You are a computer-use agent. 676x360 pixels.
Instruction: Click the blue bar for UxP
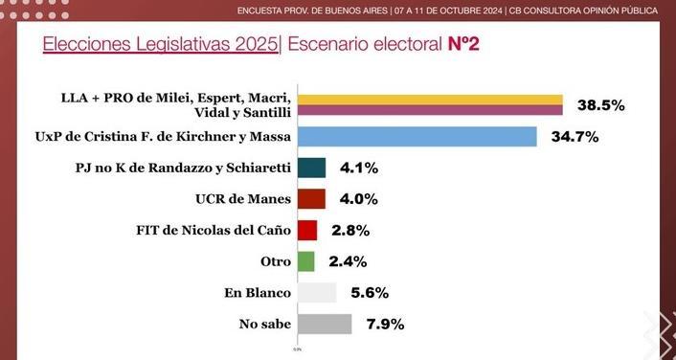[x=417, y=137]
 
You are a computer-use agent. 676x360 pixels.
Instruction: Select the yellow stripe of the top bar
[x=430, y=100]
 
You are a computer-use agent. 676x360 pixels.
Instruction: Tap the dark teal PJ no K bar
[x=312, y=168]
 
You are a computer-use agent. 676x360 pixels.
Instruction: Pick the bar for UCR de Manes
[x=312, y=199]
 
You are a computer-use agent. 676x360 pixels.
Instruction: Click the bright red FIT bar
[x=307, y=230]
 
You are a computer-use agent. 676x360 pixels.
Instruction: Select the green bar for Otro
[x=306, y=261]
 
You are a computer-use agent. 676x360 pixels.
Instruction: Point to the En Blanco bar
[x=317, y=293]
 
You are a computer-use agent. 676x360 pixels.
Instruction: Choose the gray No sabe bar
[x=325, y=324]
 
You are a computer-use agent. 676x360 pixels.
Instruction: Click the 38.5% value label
[x=601, y=105]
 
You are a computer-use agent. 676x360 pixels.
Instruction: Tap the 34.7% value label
[x=575, y=137]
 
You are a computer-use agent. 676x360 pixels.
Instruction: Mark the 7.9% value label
[x=385, y=325]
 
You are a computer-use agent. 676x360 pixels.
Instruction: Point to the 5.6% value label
[x=370, y=293]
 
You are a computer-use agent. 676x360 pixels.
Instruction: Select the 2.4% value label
[x=348, y=261]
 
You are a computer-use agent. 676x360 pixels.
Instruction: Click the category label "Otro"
[x=276, y=261]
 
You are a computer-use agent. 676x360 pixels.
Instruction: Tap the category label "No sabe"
[x=265, y=325]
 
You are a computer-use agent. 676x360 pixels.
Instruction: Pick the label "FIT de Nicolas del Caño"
[x=214, y=230]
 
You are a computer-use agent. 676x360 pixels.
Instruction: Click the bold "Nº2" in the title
[x=463, y=44]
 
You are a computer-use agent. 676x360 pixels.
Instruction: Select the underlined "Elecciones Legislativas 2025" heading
[x=160, y=45]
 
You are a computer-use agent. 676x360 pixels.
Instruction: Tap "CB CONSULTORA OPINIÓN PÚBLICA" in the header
[x=583, y=11]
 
